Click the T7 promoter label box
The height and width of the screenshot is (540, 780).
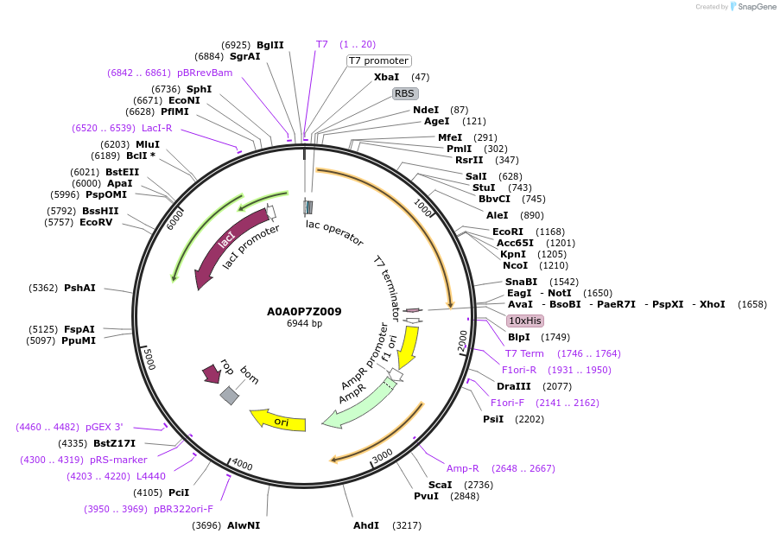click(378, 60)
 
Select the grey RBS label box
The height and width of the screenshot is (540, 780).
click(404, 93)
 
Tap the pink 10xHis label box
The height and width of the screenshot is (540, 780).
click(524, 321)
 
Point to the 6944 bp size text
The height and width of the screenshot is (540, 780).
click(304, 324)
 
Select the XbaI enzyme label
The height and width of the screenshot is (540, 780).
click(386, 77)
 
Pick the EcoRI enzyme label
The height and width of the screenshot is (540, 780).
click(508, 232)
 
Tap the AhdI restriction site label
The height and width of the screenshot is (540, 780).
click(365, 525)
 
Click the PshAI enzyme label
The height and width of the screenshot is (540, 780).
click(79, 288)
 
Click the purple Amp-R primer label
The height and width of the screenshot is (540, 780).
click(463, 468)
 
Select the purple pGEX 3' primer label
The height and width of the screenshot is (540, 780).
click(104, 427)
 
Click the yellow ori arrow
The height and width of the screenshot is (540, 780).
click(278, 421)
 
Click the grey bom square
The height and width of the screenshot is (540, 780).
click(229, 395)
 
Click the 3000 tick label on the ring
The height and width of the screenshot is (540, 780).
click(382, 454)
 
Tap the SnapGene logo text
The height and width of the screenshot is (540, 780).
click(754, 7)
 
